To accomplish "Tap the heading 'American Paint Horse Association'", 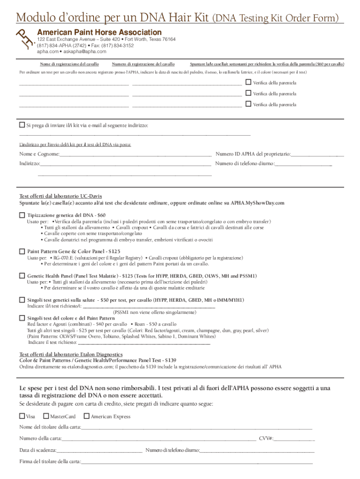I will [100, 32].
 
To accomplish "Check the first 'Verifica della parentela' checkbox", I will [248, 82].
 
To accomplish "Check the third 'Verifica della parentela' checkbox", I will [248, 104].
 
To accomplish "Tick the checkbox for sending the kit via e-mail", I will [22, 125].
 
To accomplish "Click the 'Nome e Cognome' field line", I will [136, 154].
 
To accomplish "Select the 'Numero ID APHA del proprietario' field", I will [317, 154].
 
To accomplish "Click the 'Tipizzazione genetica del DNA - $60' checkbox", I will [22, 215].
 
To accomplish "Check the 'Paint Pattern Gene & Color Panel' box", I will [22, 251].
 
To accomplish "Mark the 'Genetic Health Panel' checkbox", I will [22, 276].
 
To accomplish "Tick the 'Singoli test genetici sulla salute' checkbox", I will [22, 299].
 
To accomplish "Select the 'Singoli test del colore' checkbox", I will [22, 318].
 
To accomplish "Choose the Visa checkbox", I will [22, 416].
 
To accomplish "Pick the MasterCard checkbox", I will [46, 416].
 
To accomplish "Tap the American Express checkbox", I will [86, 416].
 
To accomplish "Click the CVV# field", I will [294, 439].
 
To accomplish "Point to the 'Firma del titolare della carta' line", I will [196, 462].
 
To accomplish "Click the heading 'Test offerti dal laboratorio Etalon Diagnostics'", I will [71, 355].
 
